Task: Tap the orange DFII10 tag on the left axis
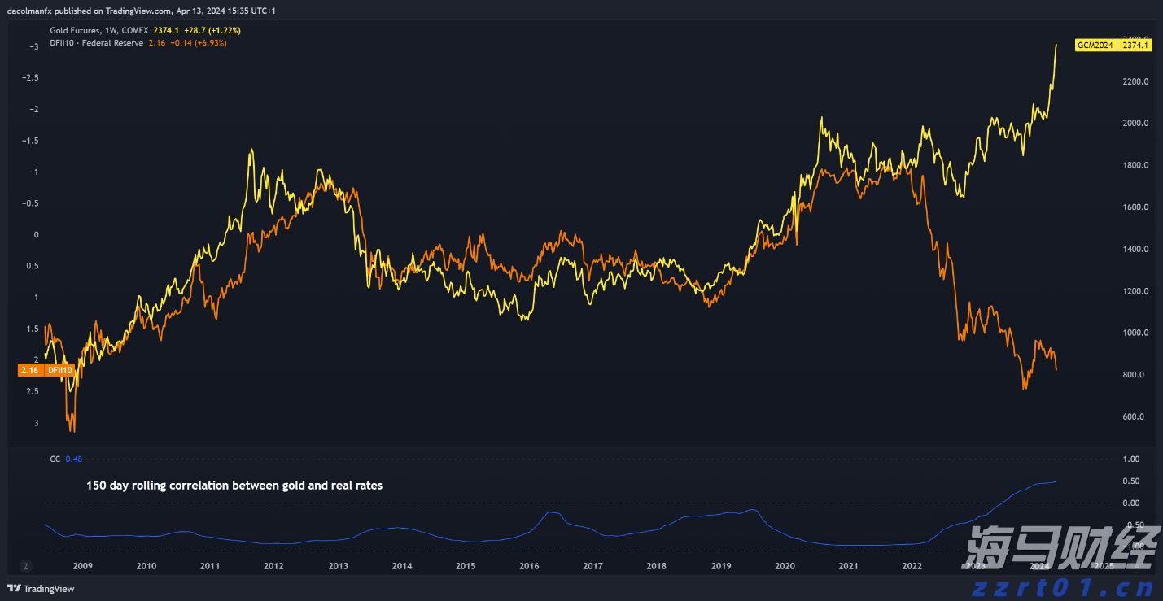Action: click(45, 370)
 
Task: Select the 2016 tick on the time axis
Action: click(529, 566)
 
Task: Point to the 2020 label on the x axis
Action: click(785, 566)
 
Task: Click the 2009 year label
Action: click(82, 566)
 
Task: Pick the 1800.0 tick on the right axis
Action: click(1135, 165)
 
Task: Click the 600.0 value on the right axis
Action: click(1135, 416)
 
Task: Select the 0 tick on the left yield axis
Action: click(35, 234)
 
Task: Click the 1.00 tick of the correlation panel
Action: click(1131, 459)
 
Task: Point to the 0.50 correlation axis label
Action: click(1131, 481)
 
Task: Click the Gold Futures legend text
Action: click(98, 30)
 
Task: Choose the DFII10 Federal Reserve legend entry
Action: click(96, 42)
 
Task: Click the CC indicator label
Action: click(55, 459)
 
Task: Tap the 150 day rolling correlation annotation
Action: click(234, 486)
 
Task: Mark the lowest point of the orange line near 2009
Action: click(72, 431)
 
